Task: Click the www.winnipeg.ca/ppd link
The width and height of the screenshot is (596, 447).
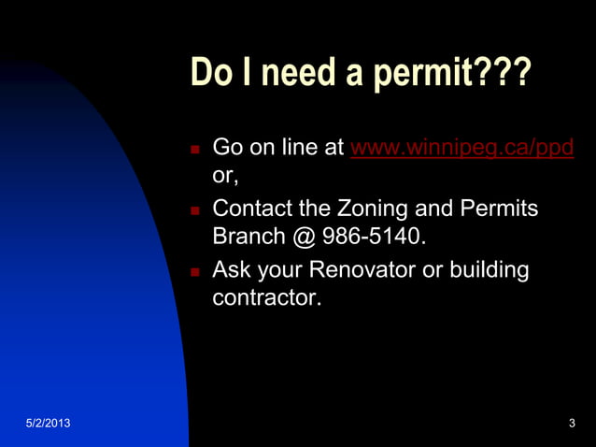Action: pyautogui.click(x=461, y=149)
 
